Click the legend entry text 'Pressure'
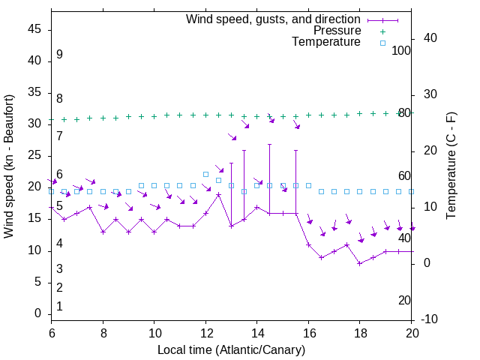click(x=337, y=31)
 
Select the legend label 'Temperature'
click(x=326, y=43)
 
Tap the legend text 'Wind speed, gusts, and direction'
click(x=273, y=19)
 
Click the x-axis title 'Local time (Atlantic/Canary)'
click(x=231, y=350)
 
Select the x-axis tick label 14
click(x=256, y=332)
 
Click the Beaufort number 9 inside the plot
click(x=59, y=55)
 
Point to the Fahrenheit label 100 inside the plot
click(x=402, y=50)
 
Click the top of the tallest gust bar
click(x=269, y=144)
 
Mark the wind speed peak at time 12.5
click(x=218, y=195)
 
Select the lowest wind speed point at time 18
click(x=360, y=263)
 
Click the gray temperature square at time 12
click(x=205, y=174)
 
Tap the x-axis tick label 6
click(x=51, y=332)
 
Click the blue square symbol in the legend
click(x=382, y=43)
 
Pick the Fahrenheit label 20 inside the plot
click(x=404, y=300)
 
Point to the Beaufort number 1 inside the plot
click(x=59, y=306)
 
